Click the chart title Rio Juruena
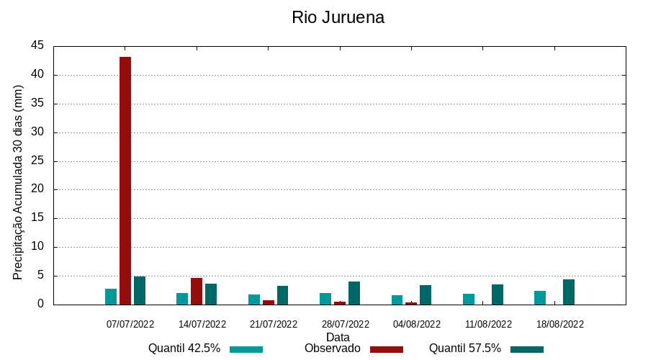(338, 17)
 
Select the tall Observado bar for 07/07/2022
(125, 180)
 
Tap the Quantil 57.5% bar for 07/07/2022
(140, 290)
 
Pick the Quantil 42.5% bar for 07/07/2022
(111, 297)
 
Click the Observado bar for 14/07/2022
(197, 291)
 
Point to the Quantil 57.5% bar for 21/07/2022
(282, 295)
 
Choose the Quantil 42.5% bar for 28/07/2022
(325, 299)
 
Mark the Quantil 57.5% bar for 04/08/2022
(426, 294)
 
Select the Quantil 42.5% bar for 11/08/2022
(469, 299)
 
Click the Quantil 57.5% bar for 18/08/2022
(569, 292)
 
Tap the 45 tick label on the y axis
(37, 46)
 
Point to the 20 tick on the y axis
(37, 189)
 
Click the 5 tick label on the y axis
(40, 276)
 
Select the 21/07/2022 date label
(274, 324)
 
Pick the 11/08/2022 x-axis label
(488, 324)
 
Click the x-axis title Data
(338, 336)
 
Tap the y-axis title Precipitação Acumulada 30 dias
(19, 182)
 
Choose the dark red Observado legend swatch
(386, 349)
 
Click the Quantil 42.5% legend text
(184, 348)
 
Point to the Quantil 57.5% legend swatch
(527, 349)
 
